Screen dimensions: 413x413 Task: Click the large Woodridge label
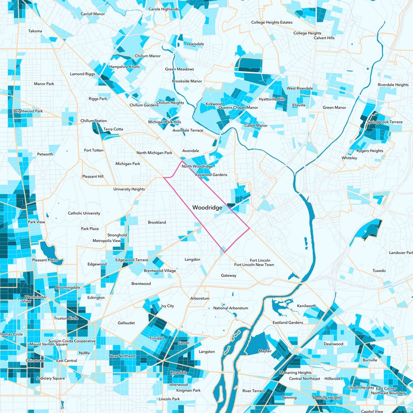pyautogui.click(x=207, y=207)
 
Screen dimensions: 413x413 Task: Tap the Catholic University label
pyautogui.click(x=84, y=213)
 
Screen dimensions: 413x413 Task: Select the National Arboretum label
pyautogui.click(x=231, y=308)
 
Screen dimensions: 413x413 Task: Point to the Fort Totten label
pyautogui.click(x=94, y=150)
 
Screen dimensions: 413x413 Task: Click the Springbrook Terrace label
pyautogui.click(x=384, y=122)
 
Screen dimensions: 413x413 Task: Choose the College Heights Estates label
pyautogui.click(x=272, y=22)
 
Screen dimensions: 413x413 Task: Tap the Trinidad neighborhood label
pyautogui.click(x=156, y=338)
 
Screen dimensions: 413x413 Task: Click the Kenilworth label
pyautogui.click(x=306, y=306)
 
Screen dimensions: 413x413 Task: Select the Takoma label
pyautogui.click(x=35, y=31)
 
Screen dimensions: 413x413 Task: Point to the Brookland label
pyautogui.click(x=157, y=222)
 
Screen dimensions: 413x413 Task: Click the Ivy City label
pyautogui.click(x=168, y=306)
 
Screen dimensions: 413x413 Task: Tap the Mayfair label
pyautogui.click(x=265, y=351)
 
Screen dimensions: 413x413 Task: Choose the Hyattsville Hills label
pyautogui.click(x=272, y=99)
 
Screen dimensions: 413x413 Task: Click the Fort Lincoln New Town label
pyautogui.click(x=254, y=265)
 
